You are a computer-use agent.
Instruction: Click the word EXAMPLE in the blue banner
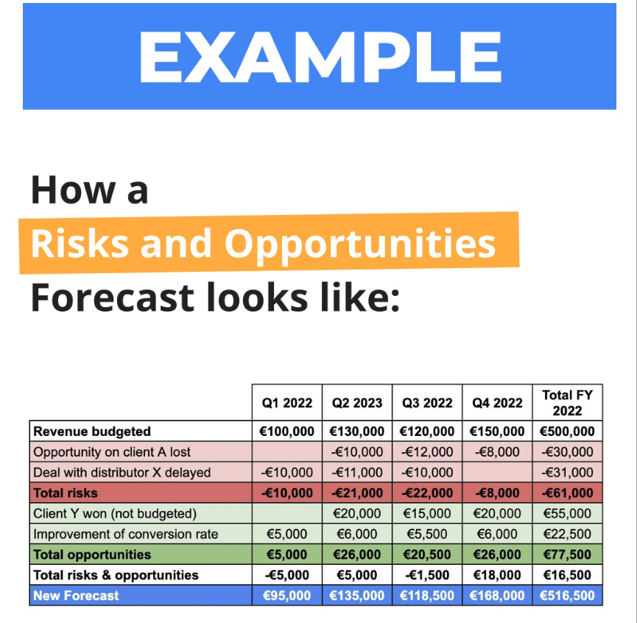(319, 57)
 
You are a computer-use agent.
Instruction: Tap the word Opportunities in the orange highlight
(359, 243)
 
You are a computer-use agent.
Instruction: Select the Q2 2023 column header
(357, 403)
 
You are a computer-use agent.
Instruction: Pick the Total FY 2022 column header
(567, 403)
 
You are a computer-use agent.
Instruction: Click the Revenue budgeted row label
(92, 432)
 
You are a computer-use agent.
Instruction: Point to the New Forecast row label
(76, 596)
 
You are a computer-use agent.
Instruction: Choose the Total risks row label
(65, 493)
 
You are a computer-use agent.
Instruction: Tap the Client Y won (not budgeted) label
(115, 513)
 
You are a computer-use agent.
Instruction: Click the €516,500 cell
(567, 596)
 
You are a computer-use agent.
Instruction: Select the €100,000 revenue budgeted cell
(286, 432)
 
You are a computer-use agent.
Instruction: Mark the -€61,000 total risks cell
(567, 493)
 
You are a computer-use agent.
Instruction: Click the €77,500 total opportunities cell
(567, 555)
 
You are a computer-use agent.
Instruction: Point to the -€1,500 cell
(427, 575)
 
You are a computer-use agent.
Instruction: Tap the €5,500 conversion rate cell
(427, 534)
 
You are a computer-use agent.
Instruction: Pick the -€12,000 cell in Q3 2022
(427, 452)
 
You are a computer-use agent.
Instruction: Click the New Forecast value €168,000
(497, 596)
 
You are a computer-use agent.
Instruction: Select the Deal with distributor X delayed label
(122, 472)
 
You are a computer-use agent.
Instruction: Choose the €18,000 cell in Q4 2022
(497, 575)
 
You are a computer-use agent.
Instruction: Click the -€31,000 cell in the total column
(567, 472)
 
